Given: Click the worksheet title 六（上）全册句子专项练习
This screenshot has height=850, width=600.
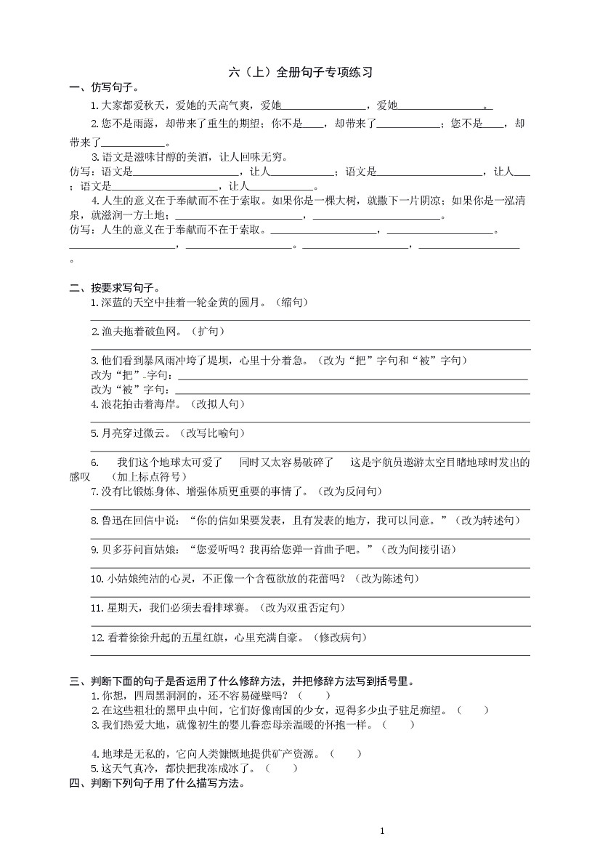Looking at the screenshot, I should click(x=300, y=73).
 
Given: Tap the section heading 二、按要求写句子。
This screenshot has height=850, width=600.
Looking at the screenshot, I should click(x=114, y=288).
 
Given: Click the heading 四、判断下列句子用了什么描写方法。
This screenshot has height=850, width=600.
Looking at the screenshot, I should click(x=158, y=783).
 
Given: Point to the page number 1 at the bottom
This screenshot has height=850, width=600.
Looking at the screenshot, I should click(x=382, y=831).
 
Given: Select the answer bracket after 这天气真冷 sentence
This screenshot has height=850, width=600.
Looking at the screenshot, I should click(x=281, y=769).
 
